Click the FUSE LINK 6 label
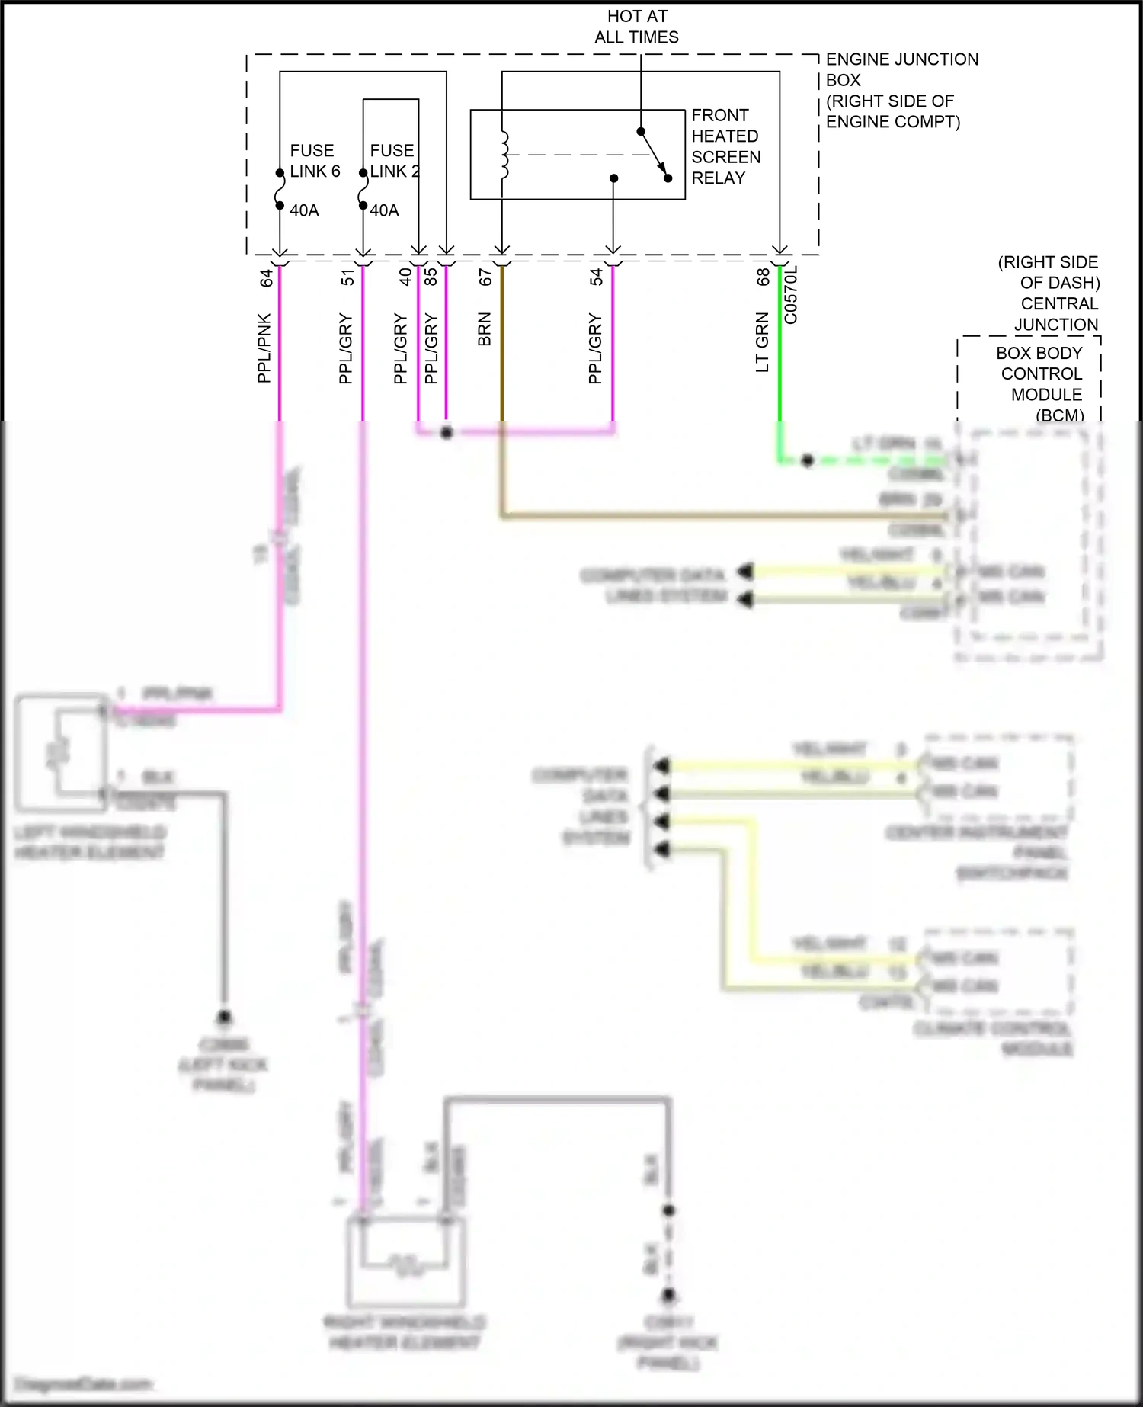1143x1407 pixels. coord(314,161)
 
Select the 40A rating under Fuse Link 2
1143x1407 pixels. coord(384,210)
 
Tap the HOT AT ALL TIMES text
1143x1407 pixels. coord(637,27)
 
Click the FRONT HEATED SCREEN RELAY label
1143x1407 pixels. coord(725,146)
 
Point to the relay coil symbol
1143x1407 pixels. coord(504,155)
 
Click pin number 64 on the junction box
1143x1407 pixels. coord(267,278)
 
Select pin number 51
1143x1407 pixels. coord(348,277)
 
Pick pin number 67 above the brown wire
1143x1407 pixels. coord(485,277)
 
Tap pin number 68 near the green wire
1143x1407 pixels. coord(763,277)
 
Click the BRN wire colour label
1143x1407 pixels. coord(485,329)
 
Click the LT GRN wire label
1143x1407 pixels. coord(762,342)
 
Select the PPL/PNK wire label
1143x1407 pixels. coord(264,348)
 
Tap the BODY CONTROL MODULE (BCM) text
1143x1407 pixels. coord(1040,384)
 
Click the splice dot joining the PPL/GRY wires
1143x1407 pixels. coord(447,433)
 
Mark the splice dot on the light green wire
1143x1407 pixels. coord(808,460)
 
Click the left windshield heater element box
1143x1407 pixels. coord(62,752)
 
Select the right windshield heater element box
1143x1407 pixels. coord(405,1262)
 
